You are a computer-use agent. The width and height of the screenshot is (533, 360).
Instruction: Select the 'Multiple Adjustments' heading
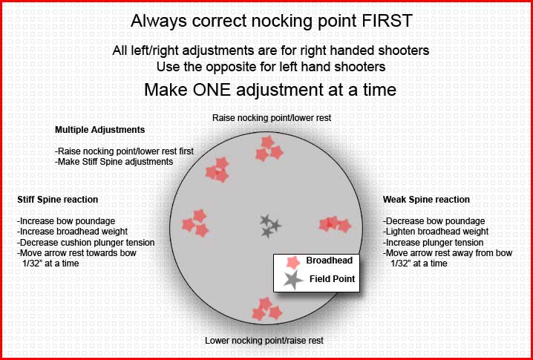(100, 130)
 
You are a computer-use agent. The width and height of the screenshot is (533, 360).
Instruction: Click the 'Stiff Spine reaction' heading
(57, 200)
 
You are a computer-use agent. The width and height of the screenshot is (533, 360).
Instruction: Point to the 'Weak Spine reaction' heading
(426, 200)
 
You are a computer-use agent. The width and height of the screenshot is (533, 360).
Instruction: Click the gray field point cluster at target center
(270, 226)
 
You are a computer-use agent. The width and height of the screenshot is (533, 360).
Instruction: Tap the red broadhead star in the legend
(293, 263)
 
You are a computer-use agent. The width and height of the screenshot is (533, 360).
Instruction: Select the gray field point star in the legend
(293, 280)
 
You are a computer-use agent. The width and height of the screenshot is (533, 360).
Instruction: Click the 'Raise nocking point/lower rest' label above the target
(272, 118)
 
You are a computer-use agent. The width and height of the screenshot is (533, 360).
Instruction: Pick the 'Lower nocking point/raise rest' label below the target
(264, 340)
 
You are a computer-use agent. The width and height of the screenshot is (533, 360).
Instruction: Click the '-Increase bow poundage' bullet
(66, 221)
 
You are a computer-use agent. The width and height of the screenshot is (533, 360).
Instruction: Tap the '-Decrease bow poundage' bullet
(434, 221)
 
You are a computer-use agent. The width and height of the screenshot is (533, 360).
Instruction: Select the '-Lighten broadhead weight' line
(436, 232)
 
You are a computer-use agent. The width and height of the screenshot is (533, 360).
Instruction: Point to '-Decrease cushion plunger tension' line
(86, 243)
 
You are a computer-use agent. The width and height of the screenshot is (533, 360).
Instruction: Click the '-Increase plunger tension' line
(434, 243)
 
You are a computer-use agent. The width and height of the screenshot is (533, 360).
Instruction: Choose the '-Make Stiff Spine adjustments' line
(114, 162)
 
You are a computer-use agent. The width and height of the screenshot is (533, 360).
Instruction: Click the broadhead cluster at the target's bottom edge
(267, 309)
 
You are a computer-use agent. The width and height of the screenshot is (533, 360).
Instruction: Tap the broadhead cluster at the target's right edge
(335, 225)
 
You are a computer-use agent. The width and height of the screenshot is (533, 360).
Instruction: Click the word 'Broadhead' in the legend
(330, 261)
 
